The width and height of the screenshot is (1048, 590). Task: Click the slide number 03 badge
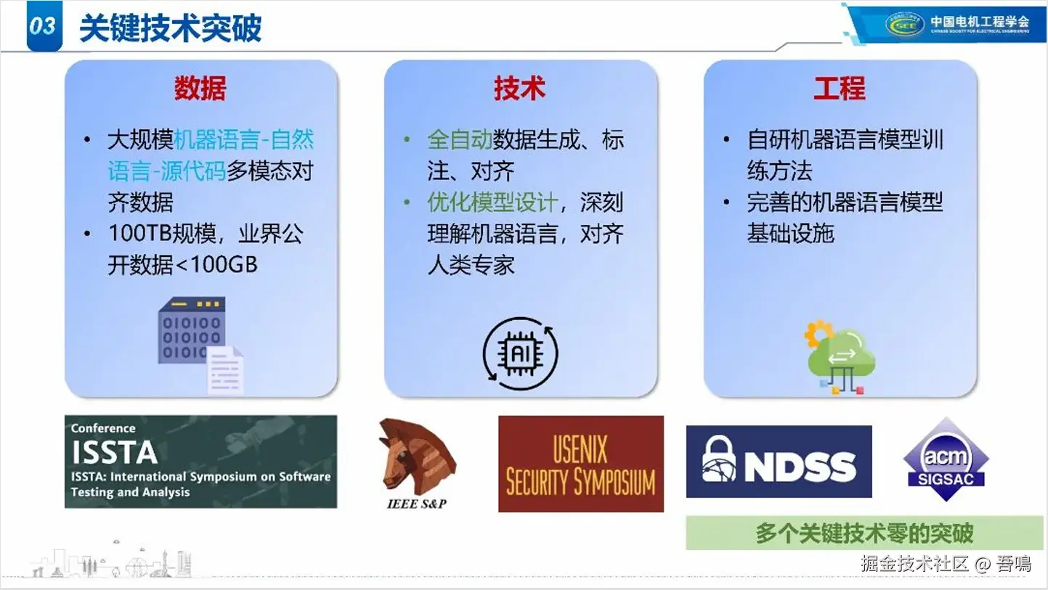click(44, 25)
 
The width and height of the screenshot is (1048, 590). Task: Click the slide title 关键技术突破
click(170, 28)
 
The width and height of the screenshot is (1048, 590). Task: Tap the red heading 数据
click(200, 88)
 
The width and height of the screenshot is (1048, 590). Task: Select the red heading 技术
click(520, 88)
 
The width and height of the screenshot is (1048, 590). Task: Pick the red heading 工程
click(840, 88)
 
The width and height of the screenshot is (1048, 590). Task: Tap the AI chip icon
click(520, 353)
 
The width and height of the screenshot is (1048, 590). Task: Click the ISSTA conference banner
click(200, 462)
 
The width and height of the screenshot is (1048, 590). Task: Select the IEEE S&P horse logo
click(417, 463)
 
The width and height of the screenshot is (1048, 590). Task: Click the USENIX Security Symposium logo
click(580, 464)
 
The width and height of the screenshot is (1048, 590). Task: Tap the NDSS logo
click(779, 462)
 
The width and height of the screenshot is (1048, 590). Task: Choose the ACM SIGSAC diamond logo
click(946, 459)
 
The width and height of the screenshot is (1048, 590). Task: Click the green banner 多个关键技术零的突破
click(864, 533)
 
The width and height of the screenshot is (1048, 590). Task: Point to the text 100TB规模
click(162, 233)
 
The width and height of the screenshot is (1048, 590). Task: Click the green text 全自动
click(460, 140)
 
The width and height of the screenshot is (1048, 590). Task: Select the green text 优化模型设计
click(492, 202)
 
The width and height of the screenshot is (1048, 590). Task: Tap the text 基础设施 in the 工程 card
click(790, 233)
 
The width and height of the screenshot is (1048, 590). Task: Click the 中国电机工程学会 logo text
click(980, 22)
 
